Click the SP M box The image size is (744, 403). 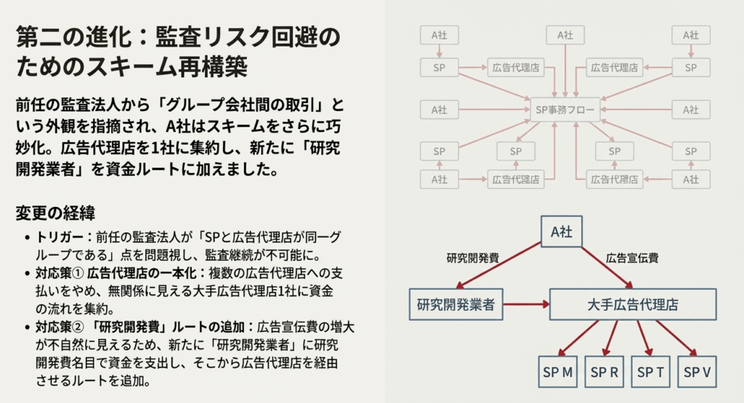pyautogui.click(x=558, y=372)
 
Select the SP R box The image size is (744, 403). pyautogui.click(x=604, y=372)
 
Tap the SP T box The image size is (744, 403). pyautogui.click(x=651, y=372)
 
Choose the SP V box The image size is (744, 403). pyautogui.click(x=697, y=372)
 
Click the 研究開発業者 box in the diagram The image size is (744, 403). pyautogui.click(x=456, y=304)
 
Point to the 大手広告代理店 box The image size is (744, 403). pyautogui.click(x=633, y=304)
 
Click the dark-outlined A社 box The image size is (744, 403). pyautogui.click(x=562, y=232)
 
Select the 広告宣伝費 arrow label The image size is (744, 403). pyautogui.click(x=632, y=258)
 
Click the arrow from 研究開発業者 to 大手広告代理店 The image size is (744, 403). pyautogui.click(x=526, y=304)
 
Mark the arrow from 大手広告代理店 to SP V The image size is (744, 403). pyautogui.click(x=677, y=338)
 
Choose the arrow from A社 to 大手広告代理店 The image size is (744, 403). pyautogui.click(x=607, y=266)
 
